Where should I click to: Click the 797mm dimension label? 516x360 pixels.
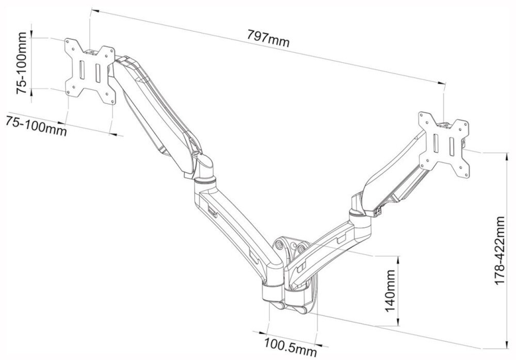268,39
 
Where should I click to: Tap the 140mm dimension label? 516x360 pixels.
390,291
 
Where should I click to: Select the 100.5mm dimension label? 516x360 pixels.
290,348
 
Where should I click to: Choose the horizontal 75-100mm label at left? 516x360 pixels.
36,125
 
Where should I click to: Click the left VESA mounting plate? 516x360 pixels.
90,72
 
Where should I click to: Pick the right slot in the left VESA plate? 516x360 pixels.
98,73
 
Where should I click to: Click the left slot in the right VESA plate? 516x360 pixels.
436,144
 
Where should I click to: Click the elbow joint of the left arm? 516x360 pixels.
205,171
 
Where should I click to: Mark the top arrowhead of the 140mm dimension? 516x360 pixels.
399,260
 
